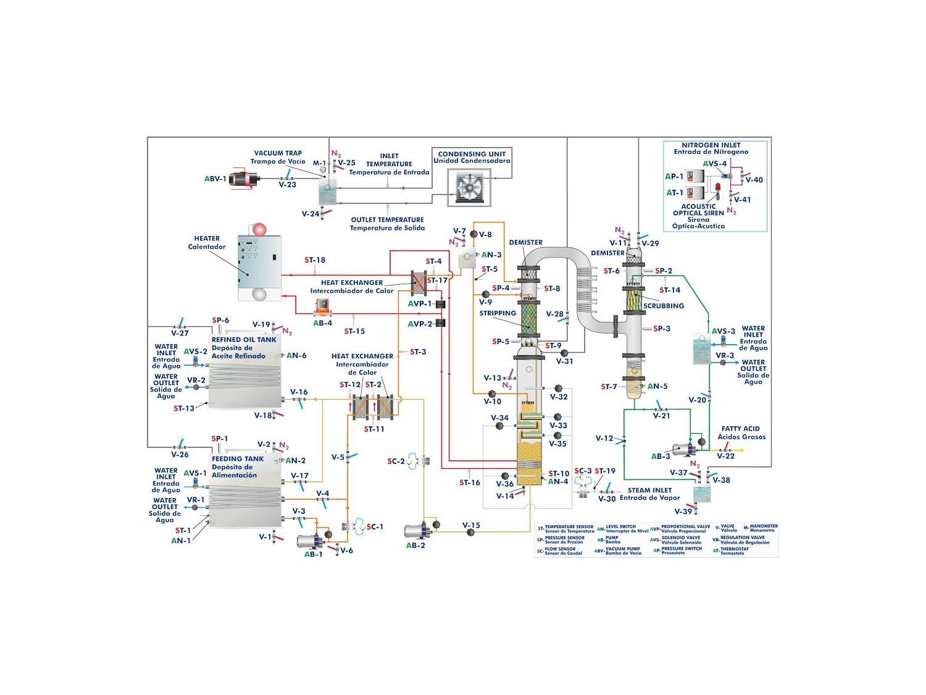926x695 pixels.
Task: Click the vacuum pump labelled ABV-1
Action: pyautogui.click(x=243, y=179)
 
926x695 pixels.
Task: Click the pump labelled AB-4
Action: pyautogui.click(x=322, y=306)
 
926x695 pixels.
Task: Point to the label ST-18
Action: pyautogui.click(x=315, y=260)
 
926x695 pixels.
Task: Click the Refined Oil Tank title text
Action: pyautogui.click(x=244, y=340)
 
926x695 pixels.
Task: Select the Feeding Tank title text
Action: pyautogui.click(x=238, y=459)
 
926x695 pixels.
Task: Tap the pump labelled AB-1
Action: pyautogui.click(x=311, y=541)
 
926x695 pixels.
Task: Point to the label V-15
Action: pyautogui.click(x=471, y=525)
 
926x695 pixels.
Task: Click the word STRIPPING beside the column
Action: pyautogui.click(x=498, y=313)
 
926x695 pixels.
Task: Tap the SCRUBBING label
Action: pyautogui.click(x=664, y=306)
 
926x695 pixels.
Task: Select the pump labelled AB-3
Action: pyautogui.click(x=683, y=449)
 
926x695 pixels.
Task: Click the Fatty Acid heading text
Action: pyautogui.click(x=741, y=429)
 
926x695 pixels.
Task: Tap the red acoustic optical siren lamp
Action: pyautogui.click(x=718, y=187)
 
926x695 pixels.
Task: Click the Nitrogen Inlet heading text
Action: pyautogui.click(x=711, y=145)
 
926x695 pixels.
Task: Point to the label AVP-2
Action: pyautogui.click(x=420, y=324)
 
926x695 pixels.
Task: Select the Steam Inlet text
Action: pyautogui.click(x=649, y=490)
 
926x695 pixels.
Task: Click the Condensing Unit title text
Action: pyautogui.click(x=472, y=154)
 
